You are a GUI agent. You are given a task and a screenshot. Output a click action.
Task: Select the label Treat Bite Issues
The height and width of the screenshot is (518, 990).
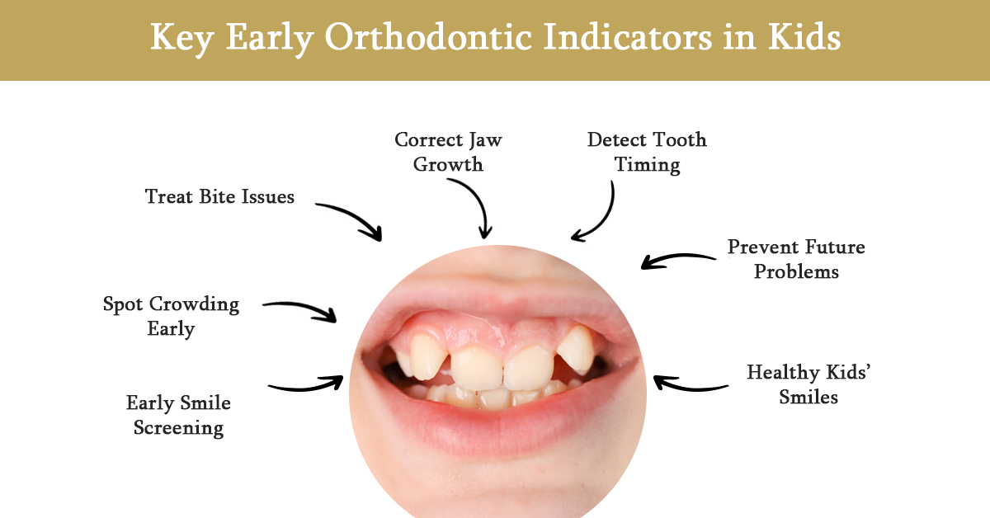click(219, 196)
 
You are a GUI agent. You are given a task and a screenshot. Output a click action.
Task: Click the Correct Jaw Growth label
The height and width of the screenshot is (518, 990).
click(448, 152)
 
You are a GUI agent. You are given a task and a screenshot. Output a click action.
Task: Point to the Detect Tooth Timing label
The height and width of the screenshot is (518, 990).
click(647, 152)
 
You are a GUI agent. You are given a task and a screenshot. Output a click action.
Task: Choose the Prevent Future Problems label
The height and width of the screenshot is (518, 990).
click(795, 259)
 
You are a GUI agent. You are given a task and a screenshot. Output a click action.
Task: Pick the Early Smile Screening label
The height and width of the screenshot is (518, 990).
click(178, 415)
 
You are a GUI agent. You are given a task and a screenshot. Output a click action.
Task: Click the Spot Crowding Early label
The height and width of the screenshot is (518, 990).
click(171, 316)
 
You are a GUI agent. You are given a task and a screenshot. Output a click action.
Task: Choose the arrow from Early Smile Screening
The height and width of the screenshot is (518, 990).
click(306, 384)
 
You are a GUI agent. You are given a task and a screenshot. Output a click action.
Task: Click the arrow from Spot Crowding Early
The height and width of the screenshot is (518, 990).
click(301, 309)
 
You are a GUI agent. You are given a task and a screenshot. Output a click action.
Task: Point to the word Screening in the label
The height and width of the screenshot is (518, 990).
click(178, 427)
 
